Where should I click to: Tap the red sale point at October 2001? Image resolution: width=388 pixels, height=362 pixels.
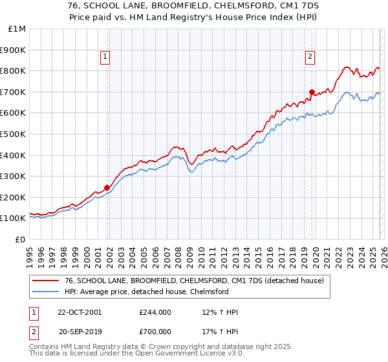pos(107,187)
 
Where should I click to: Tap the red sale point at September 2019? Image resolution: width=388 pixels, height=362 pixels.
pos(312,92)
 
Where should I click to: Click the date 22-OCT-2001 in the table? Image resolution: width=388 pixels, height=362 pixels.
pos(79,312)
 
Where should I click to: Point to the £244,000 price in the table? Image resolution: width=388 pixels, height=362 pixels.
pos(155,312)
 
